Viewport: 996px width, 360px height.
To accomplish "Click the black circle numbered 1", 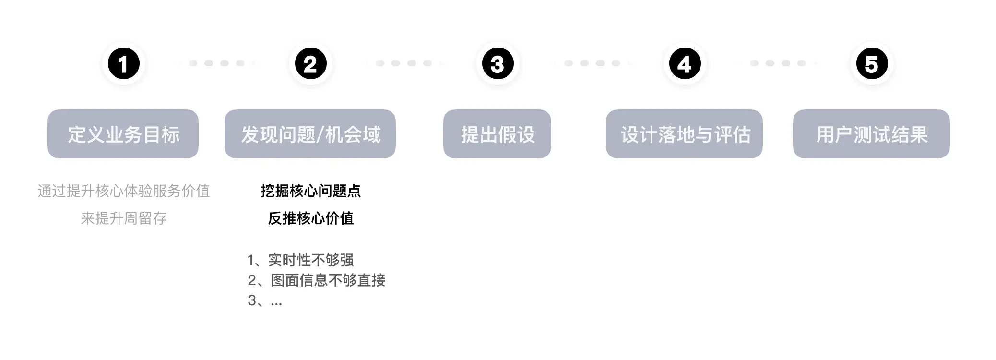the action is click(x=123, y=64).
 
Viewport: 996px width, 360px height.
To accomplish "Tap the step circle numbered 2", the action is click(x=310, y=64).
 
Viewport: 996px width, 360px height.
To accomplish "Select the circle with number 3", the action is click(x=498, y=64).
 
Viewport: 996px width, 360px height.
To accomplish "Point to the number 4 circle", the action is click(x=685, y=64).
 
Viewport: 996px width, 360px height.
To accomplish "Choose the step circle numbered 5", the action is click(x=872, y=64).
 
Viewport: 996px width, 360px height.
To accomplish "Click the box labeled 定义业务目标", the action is click(x=123, y=134).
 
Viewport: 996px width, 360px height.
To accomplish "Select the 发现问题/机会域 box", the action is click(x=310, y=134).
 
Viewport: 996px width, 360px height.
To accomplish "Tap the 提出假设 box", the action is click(x=497, y=134).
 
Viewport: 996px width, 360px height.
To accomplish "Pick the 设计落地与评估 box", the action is click(x=684, y=134).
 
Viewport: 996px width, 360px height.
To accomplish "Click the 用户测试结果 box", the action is click(x=871, y=134).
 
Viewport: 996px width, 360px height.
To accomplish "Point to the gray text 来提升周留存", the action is click(x=124, y=218).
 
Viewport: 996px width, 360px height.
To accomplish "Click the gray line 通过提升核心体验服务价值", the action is click(x=124, y=191).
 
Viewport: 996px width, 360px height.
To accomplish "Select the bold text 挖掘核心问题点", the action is click(x=310, y=191).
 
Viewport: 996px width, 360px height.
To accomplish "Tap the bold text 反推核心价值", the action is click(x=310, y=218).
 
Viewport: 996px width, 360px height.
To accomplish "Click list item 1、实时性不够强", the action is click(x=301, y=260).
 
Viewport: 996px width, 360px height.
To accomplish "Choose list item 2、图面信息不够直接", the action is click(x=317, y=280).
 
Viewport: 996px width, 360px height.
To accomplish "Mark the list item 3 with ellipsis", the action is click(x=265, y=300).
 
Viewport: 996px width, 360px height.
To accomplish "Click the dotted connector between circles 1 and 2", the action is click(x=217, y=63).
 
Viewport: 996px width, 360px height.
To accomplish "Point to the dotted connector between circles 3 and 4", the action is click(x=592, y=63).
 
